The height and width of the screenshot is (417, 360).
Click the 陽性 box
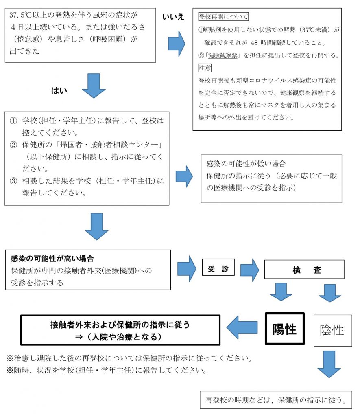[x=284, y=329]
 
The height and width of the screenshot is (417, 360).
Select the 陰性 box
[x=332, y=330]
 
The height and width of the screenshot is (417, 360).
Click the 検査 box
[x=304, y=270]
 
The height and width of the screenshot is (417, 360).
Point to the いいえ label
[x=173, y=17]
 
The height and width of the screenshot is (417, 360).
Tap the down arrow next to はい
[x=94, y=86]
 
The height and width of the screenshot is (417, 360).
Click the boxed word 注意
[x=205, y=68]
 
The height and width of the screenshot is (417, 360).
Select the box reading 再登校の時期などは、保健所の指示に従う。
[x=275, y=400]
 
